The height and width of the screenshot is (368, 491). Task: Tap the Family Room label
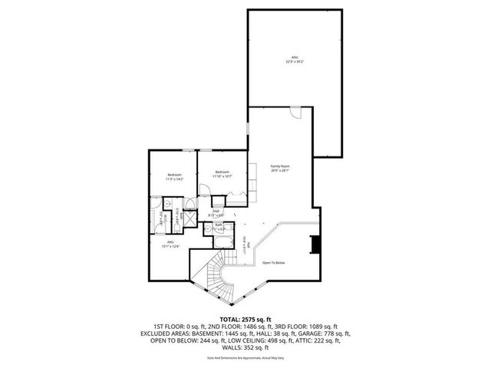279,166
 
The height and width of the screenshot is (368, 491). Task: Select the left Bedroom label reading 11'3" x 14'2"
174,176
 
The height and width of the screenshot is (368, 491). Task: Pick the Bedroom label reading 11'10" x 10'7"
222,171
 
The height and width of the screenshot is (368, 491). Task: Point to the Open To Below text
274,262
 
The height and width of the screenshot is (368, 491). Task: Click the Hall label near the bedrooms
216,212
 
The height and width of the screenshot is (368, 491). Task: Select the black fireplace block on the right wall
314,245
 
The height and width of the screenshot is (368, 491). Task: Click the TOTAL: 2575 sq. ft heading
245,318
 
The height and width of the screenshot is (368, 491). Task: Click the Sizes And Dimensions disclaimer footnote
245,358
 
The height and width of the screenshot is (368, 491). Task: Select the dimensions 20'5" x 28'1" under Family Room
279,171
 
